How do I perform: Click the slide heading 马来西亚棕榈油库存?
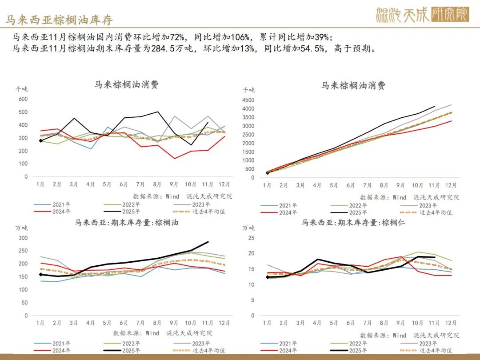59,20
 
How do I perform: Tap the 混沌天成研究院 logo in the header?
422,15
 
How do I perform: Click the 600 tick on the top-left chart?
22,99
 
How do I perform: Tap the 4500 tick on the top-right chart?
248,100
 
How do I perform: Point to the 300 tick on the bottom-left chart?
22,238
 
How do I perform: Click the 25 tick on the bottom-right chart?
251,238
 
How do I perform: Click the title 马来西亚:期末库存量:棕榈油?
126,223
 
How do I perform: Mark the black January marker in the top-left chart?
41,140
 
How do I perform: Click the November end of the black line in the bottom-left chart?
208,242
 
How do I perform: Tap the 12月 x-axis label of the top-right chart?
451,185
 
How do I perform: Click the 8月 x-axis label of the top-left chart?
158,184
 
